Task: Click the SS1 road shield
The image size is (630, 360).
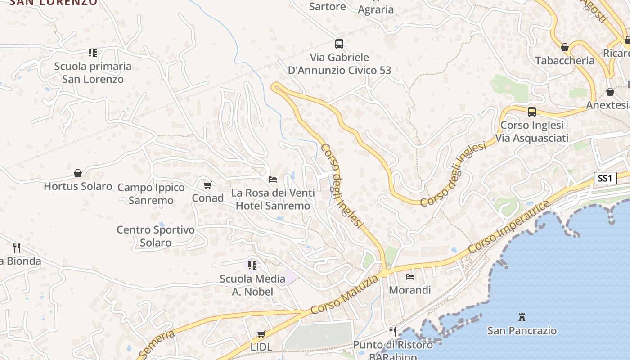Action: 605,178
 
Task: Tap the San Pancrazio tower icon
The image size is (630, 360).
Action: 522,317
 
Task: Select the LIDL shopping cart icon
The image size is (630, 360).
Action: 261,334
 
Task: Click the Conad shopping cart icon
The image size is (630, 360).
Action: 208,185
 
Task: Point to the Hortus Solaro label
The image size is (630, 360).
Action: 78,186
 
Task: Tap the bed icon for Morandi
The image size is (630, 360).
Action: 410,276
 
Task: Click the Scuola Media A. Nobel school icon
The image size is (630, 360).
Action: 252,265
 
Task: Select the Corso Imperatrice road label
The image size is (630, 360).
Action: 509,227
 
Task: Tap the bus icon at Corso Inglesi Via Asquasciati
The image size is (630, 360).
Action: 532,112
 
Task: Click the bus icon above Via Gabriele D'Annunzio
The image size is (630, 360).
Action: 339,44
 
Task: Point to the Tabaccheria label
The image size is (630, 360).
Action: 565,60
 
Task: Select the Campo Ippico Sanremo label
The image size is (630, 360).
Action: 151,194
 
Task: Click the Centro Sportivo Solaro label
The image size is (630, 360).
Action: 156,236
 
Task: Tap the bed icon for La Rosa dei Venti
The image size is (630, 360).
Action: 273,180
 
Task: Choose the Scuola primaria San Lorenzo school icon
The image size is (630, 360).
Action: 93,53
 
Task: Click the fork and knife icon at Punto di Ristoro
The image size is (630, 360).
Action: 393,332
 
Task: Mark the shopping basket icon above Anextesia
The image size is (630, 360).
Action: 610,92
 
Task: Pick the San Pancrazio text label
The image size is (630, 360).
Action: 522,331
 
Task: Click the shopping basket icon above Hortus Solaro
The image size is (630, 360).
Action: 78,173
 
